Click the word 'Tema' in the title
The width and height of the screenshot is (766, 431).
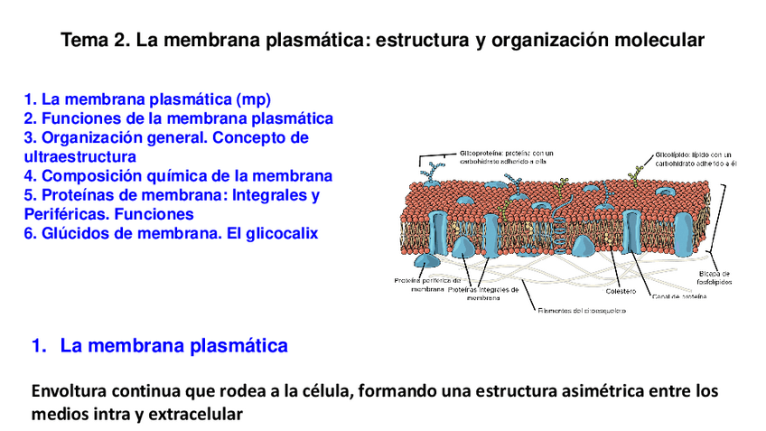tap(84, 41)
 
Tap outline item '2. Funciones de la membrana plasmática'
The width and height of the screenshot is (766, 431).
tap(178, 118)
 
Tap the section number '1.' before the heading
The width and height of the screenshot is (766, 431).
tap(40, 345)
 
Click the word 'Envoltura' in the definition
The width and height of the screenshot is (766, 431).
tap(70, 392)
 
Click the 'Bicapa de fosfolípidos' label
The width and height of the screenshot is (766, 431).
tap(715, 277)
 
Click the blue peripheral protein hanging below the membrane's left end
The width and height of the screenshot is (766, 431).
tap(427, 260)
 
